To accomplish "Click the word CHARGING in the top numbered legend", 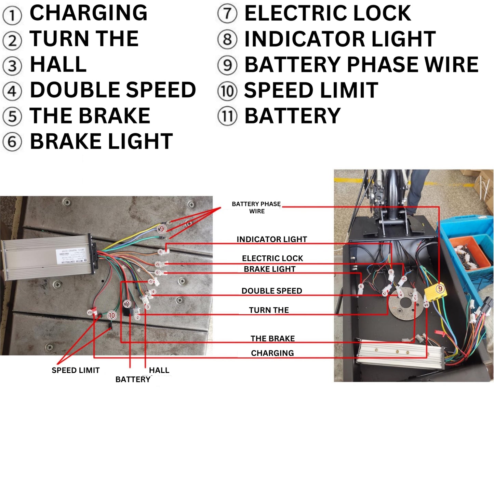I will click(x=88, y=13).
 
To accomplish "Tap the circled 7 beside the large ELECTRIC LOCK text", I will click(x=227, y=14).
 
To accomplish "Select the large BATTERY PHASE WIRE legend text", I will click(x=361, y=65).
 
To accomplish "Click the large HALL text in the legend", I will click(x=58, y=65).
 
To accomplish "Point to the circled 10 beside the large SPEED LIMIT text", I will click(x=227, y=91).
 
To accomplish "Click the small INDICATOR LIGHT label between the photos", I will click(x=272, y=239).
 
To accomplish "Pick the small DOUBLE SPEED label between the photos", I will click(x=272, y=291).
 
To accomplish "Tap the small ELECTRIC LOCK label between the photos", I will click(x=272, y=258).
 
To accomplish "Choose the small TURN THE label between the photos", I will click(x=269, y=310).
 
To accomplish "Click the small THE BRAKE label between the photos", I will click(x=272, y=338).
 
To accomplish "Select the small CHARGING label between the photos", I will click(x=272, y=353).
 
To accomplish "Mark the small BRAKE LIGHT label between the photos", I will click(x=269, y=269).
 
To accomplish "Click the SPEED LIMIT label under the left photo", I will click(x=76, y=370).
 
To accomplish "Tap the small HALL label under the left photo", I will click(x=159, y=370).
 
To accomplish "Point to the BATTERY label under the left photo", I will click(x=133, y=379).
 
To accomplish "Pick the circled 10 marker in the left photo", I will click(x=112, y=315).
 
